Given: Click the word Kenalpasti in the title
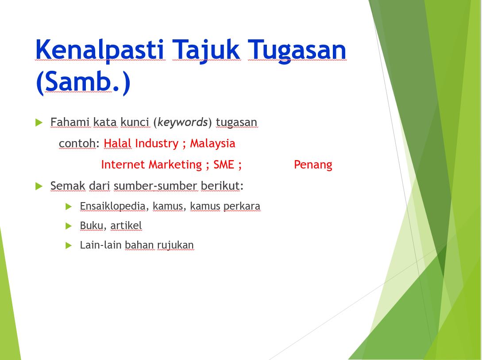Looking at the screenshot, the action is [x=100, y=50].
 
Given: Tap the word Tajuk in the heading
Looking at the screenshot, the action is [x=206, y=50].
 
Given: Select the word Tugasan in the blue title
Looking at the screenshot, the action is [x=297, y=50].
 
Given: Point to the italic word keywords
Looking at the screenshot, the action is [x=183, y=122].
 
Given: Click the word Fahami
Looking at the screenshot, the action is [x=70, y=122].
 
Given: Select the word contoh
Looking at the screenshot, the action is [x=77, y=143].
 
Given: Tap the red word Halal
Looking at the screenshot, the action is [x=117, y=143].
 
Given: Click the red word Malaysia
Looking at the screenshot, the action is [x=212, y=144].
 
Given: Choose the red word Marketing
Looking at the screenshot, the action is [x=175, y=165].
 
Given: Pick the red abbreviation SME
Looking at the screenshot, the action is [x=224, y=165].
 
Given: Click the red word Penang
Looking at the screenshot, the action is [x=313, y=165].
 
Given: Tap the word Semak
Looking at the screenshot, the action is [x=68, y=186].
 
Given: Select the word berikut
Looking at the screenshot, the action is [x=220, y=186].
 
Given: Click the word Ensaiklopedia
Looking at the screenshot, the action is [x=112, y=206].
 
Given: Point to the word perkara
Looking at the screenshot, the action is [x=242, y=206].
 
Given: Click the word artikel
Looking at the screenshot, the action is [x=126, y=226].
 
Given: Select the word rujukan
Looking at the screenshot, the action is [x=176, y=245].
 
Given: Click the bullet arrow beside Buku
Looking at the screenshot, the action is [x=69, y=226].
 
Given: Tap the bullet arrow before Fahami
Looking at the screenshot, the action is [x=39, y=123].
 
